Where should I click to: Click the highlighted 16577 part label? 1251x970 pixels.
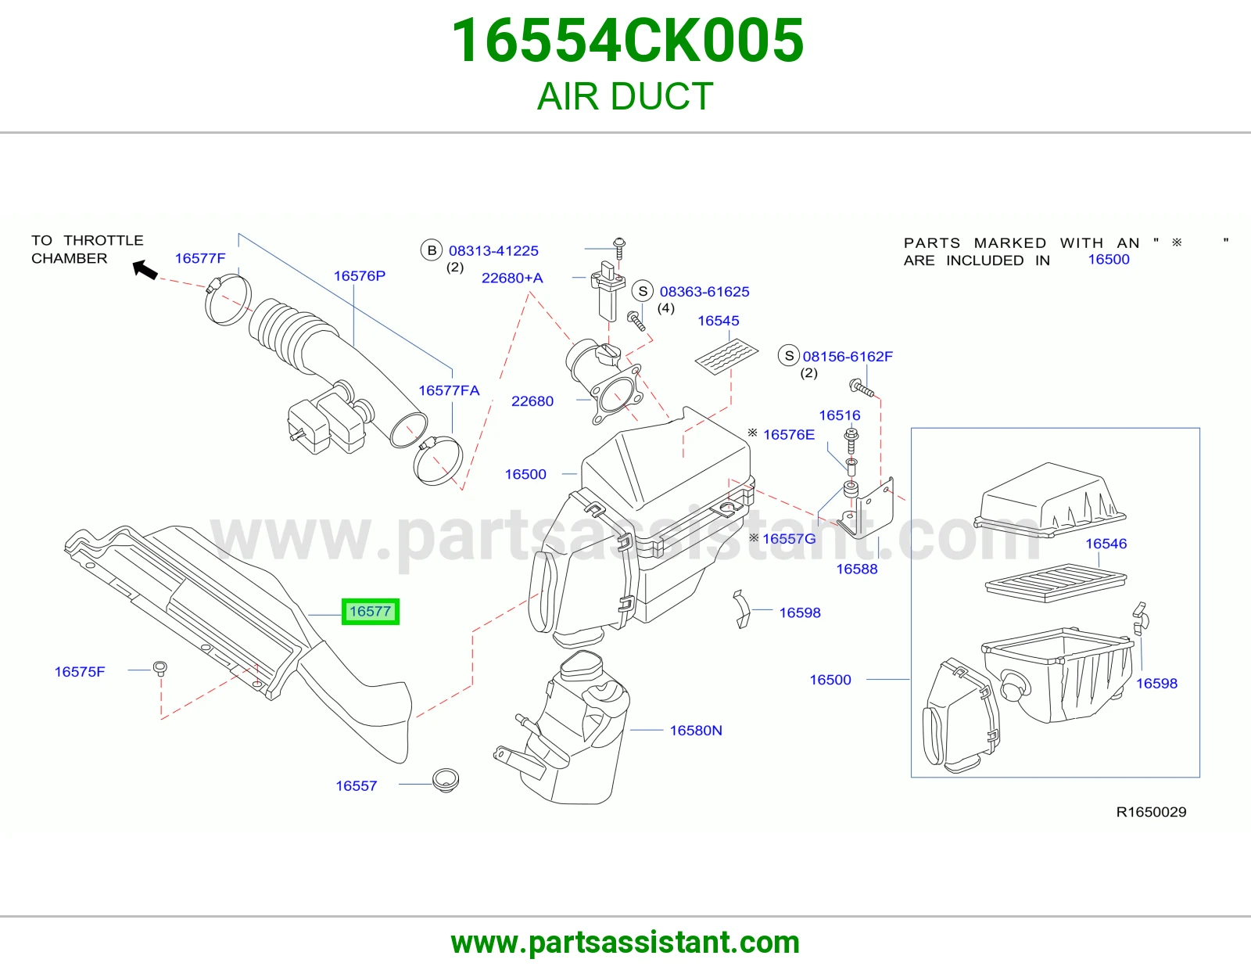pos(370,611)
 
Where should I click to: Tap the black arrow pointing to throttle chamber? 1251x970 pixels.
pos(145,269)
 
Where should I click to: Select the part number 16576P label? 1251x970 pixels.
pos(359,276)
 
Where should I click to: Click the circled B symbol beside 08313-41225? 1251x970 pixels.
pos(431,250)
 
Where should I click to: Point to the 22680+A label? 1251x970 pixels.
pos(512,278)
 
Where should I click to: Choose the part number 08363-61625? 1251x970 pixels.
pos(704,292)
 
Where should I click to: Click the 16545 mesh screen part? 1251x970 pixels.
pos(726,356)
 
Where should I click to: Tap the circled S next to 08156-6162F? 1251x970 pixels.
pos(789,356)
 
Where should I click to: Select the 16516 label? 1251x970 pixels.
pos(840,415)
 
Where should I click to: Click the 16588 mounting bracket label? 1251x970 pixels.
pos(857,569)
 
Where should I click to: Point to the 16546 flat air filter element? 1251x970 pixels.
pos(1056,583)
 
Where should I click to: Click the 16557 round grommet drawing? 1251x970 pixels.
pos(446,781)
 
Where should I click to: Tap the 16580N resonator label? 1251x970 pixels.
pos(695,731)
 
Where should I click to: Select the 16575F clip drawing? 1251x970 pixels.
pos(160,668)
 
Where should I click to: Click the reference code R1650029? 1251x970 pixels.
pos(1151,812)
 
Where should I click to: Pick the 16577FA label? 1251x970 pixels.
pos(449,390)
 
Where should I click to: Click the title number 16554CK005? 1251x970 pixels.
pos(628,41)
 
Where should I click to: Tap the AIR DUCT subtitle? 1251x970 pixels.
pos(625,96)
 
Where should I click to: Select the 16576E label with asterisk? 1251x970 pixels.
pos(780,434)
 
